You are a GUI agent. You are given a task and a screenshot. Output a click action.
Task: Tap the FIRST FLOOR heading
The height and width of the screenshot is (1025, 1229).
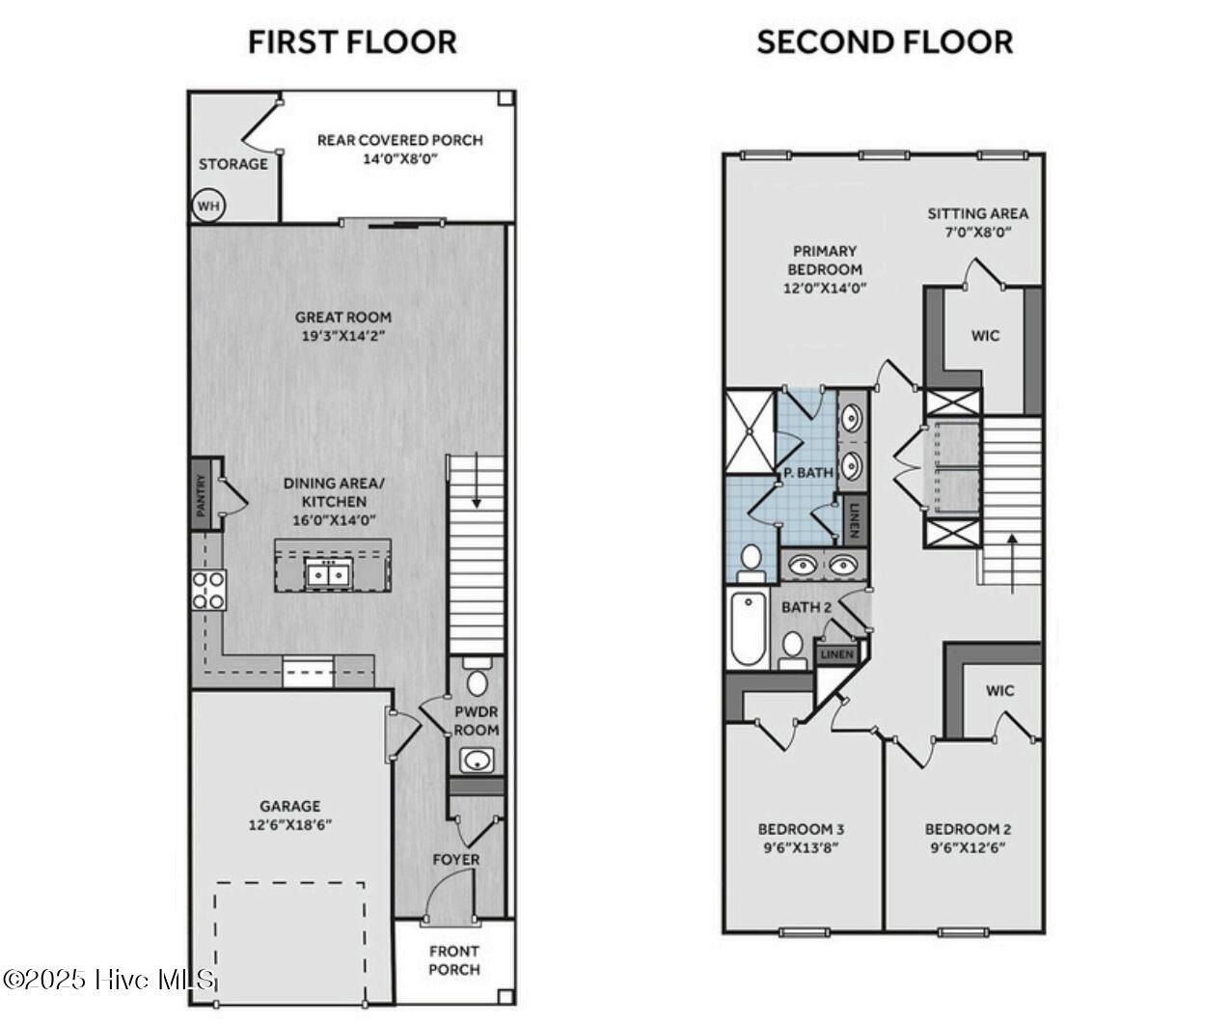352,42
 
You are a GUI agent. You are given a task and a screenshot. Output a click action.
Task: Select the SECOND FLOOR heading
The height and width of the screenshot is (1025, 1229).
885,42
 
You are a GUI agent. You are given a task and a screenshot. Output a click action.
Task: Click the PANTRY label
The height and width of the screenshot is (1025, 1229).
202,492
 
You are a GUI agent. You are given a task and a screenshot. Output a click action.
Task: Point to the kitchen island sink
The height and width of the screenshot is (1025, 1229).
328,574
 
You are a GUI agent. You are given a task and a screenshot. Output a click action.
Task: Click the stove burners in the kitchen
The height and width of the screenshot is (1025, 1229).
208,590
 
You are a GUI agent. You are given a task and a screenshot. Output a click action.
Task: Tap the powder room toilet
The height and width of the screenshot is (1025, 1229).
477,679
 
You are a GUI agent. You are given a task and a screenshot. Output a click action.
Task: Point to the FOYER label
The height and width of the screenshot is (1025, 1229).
455,859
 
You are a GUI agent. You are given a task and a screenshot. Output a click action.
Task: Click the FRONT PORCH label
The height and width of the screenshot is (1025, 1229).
453,960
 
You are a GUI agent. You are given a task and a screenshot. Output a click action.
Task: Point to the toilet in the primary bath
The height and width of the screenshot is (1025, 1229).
751,561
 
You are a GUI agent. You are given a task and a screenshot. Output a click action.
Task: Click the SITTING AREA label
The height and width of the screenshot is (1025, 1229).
977,213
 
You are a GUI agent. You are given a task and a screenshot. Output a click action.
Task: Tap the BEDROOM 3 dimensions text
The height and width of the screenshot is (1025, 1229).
801,847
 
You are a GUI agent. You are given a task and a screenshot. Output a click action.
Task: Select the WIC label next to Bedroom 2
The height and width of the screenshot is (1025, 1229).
1000,690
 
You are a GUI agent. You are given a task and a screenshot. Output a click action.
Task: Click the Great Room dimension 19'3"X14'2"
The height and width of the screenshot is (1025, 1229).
343,336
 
